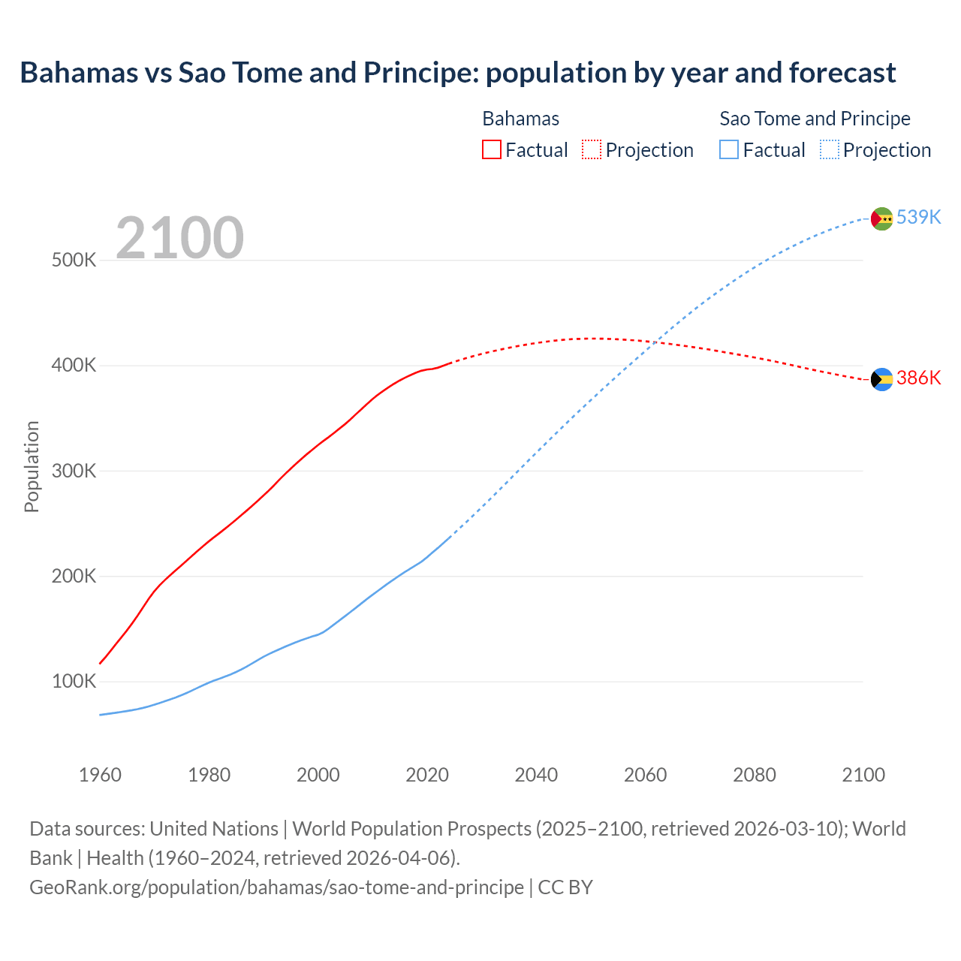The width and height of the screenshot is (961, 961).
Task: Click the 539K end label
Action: coord(918,217)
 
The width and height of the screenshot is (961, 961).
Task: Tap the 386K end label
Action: coord(918,378)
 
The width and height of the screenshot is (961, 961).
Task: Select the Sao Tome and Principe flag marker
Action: coord(881,218)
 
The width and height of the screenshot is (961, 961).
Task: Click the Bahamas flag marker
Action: coord(881,379)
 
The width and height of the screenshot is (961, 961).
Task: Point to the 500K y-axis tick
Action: coord(74,261)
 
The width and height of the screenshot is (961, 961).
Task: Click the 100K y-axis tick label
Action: coord(74,682)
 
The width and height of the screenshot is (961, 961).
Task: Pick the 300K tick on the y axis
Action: coord(74,471)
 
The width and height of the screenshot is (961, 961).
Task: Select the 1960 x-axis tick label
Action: coord(100,775)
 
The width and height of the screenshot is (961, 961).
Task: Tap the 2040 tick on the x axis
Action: coord(536,775)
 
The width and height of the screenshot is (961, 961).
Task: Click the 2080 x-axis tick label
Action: coord(755,775)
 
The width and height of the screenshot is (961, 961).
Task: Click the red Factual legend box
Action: coord(492,149)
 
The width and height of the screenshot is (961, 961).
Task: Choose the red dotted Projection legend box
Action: coord(592,149)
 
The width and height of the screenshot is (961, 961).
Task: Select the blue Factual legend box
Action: coord(729,149)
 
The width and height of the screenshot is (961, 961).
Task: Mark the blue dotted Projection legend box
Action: coord(829,149)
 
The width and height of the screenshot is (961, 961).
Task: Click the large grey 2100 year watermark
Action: coord(179,238)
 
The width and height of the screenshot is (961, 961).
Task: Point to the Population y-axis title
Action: coord(32,466)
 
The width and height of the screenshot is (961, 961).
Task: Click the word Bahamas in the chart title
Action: coord(79,73)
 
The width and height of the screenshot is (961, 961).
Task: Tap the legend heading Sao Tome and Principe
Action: coord(815,119)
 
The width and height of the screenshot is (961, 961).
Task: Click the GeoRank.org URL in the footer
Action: coord(276,887)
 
